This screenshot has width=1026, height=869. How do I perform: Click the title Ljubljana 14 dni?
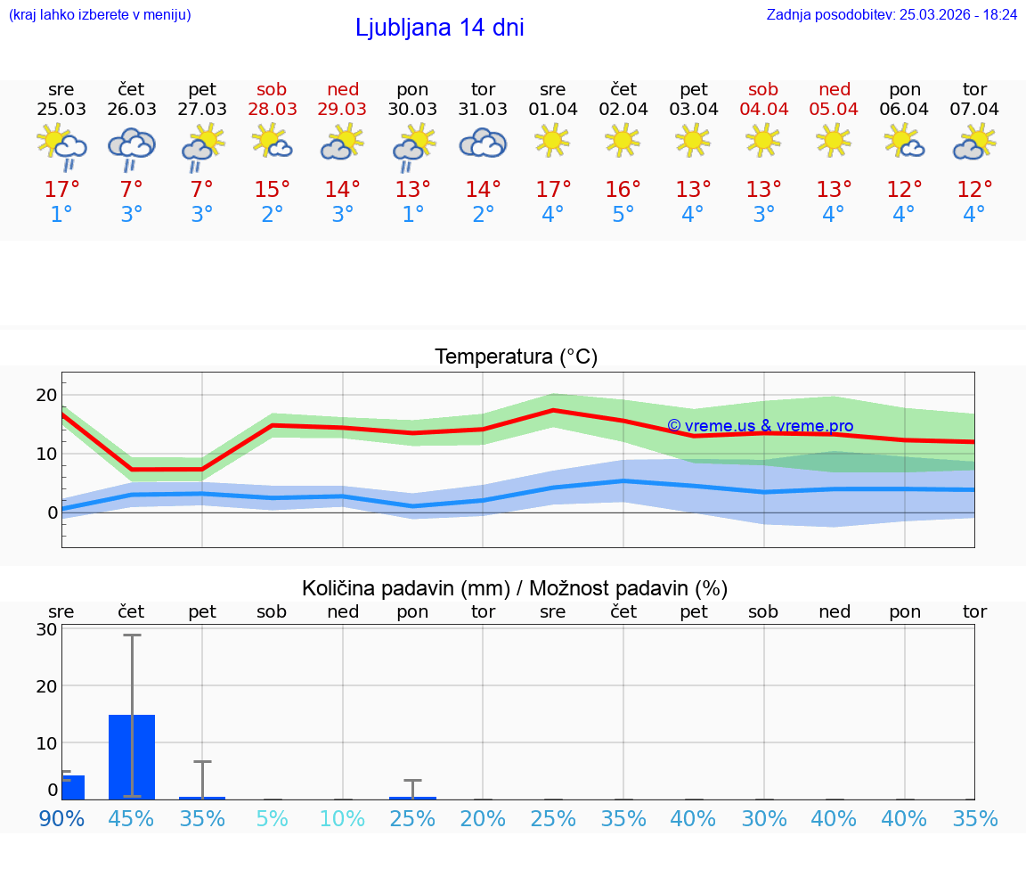point(439,28)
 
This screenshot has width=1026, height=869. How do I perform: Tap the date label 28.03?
point(273,109)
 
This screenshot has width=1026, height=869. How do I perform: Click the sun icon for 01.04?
point(552,140)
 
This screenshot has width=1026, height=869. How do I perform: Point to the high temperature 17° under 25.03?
point(61,190)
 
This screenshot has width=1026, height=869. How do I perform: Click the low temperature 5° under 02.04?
point(623,215)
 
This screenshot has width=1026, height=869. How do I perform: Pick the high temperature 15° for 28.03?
point(273,190)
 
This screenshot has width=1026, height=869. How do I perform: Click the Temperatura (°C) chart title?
point(516,357)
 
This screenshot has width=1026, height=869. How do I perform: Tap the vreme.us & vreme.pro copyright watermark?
point(760,426)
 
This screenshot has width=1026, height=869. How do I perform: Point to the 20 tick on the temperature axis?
point(46,395)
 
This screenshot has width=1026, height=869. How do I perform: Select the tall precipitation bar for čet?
point(132,757)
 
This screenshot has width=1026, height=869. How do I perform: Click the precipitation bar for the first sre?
point(73,787)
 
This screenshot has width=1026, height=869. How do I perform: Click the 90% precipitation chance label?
point(61,818)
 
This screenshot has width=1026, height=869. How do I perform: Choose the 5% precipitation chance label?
point(273,818)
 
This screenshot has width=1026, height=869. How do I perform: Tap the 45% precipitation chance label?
point(132,818)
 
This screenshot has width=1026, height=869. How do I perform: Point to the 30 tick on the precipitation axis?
point(46,629)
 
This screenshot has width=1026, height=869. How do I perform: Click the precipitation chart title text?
point(515,588)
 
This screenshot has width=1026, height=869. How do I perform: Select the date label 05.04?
point(834,109)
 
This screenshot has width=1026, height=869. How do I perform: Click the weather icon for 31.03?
point(483,143)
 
